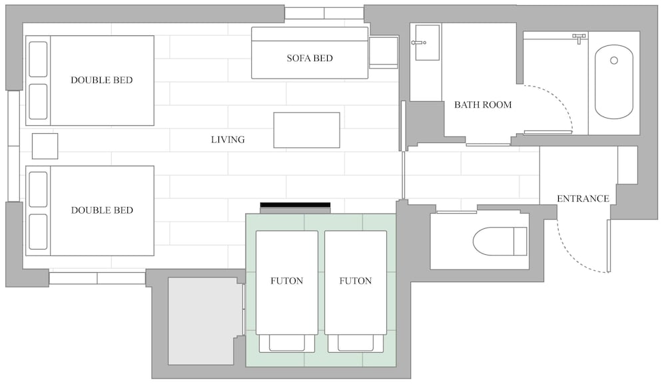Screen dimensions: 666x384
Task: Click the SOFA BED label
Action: tap(310, 58)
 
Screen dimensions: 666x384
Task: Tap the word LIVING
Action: tap(228, 140)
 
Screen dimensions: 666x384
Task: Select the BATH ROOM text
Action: tap(483, 104)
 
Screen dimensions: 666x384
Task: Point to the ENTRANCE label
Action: tap(583, 198)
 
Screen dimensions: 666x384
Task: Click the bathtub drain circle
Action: tap(614, 61)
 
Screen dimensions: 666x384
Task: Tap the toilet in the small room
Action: tap(500, 242)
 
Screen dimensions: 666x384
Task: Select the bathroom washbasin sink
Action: tap(427, 43)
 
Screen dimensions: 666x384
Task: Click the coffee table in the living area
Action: tap(306, 130)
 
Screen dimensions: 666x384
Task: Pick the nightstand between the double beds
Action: tap(45, 146)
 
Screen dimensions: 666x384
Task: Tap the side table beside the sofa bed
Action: tap(384, 52)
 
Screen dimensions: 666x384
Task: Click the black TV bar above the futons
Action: tap(295, 205)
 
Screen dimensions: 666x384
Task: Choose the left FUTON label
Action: tap(286, 281)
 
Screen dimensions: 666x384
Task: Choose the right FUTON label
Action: tap(356, 281)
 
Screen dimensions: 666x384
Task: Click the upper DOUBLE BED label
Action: tap(101, 81)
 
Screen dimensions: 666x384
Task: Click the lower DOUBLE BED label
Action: tap(102, 210)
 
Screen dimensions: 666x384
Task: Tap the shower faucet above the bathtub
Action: tap(579, 38)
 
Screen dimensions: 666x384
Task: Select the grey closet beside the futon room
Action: tap(202, 321)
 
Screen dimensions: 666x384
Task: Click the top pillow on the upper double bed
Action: tap(38, 59)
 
